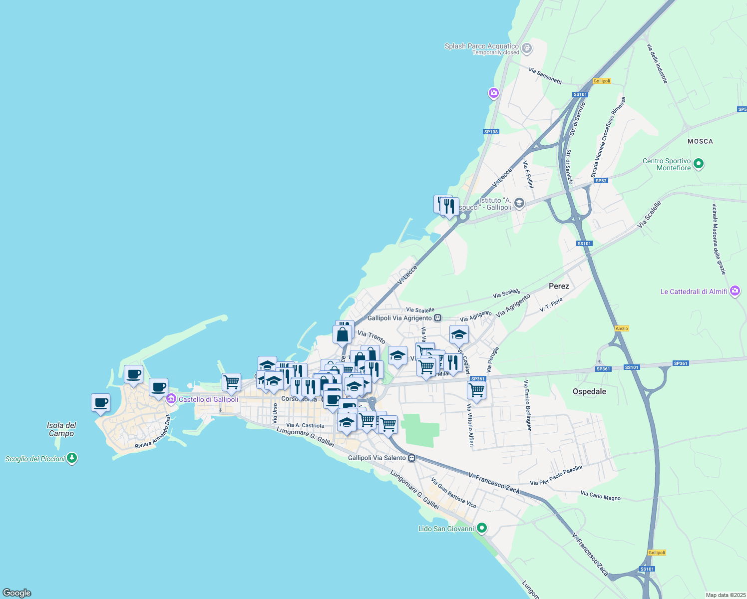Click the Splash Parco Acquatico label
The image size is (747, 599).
point(481,46)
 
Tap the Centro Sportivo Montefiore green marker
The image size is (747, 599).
point(699,164)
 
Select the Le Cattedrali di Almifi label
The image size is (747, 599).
point(694,292)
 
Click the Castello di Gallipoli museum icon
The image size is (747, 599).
point(171,399)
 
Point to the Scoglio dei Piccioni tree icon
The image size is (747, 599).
point(72,458)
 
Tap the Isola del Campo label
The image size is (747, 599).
point(61,429)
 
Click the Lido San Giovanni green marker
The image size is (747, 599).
point(481,528)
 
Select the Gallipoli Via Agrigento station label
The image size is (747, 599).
point(399,318)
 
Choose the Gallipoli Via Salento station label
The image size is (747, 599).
point(376,458)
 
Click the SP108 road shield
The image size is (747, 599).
point(491,132)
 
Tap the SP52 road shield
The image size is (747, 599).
point(601,181)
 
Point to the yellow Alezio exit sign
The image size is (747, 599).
point(622,328)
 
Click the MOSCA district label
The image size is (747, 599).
point(700,141)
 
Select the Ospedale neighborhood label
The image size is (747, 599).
point(589,391)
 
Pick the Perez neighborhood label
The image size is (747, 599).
point(559,286)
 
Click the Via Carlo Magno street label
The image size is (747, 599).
point(600,496)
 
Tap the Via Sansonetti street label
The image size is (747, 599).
point(545,75)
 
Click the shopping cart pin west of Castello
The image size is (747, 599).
point(231,382)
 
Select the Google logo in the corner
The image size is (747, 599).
point(17,593)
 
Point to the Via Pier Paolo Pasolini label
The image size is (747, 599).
point(556,476)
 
